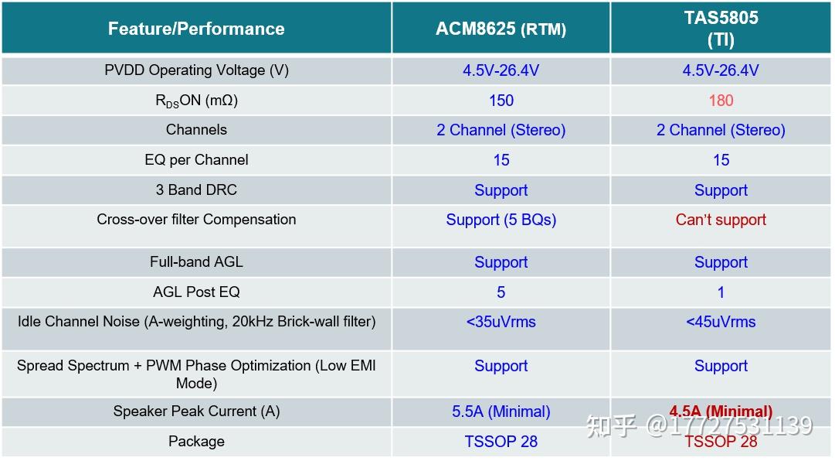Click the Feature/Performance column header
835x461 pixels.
[x=196, y=29]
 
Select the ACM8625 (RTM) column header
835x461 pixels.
[x=501, y=29]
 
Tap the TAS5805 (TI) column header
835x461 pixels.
[x=721, y=29]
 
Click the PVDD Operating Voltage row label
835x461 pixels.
[x=196, y=70]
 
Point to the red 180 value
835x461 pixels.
[x=721, y=101]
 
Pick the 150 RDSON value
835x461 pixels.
[x=501, y=101]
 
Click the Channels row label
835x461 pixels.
[x=196, y=130]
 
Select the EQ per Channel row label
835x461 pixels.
[x=196, y=160]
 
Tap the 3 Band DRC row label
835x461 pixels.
[x=196, y=190]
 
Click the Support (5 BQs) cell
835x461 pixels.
[x=501, y=220]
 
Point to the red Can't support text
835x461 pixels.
[x=721, y=220]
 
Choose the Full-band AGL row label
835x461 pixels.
[x=196, y=262]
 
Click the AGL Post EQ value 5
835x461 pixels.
[x=501, y=292]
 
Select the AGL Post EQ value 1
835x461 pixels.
[x=721, y=292]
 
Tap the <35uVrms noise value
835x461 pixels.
[x=501, y=322]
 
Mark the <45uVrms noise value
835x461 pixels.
[x=721, y=322]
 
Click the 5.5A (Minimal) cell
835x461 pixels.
[x=501, y=411]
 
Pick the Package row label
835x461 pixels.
[x=196, y=442]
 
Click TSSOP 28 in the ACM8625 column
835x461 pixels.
[x=501, y=442]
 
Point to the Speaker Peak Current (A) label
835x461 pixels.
[x=196, y=411]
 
